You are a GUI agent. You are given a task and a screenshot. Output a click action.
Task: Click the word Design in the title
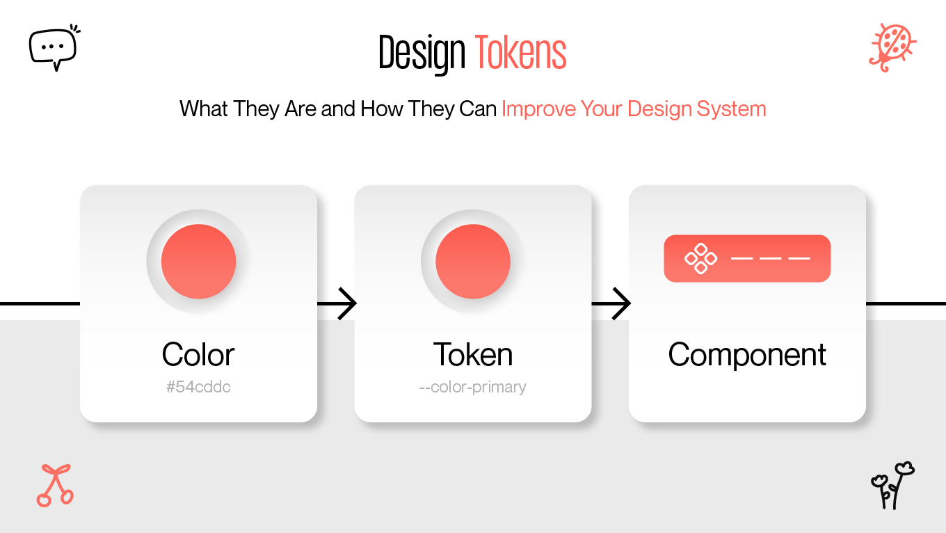click(422, 53)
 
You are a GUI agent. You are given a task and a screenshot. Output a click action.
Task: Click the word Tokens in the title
click(520, 53)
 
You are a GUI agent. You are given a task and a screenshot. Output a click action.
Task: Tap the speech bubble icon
click(53, 47)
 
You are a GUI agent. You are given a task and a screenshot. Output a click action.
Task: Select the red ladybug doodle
click(892, 47)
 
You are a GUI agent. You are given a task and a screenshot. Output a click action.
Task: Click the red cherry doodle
click(54, 485)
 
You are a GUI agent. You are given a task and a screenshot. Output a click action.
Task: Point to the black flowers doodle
click(892, 485)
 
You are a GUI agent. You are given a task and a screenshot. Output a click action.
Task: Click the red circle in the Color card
click(198, 262)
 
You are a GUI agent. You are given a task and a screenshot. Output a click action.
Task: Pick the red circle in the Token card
click(472, 262)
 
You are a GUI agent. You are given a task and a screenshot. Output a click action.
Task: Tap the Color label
click(198, 355)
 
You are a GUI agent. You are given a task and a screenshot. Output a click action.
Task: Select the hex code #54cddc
click(198, 387)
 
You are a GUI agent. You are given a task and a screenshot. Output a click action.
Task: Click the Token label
click(472, 355)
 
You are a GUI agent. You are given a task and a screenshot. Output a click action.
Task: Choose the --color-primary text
click(472, 387)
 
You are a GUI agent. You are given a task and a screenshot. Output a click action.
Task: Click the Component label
click(747, 355)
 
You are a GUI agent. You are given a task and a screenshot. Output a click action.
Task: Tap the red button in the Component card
click(747, 258)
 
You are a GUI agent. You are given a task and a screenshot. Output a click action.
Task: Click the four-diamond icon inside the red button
click(700, 258)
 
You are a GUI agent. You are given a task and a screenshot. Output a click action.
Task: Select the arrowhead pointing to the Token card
click(347, 304)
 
